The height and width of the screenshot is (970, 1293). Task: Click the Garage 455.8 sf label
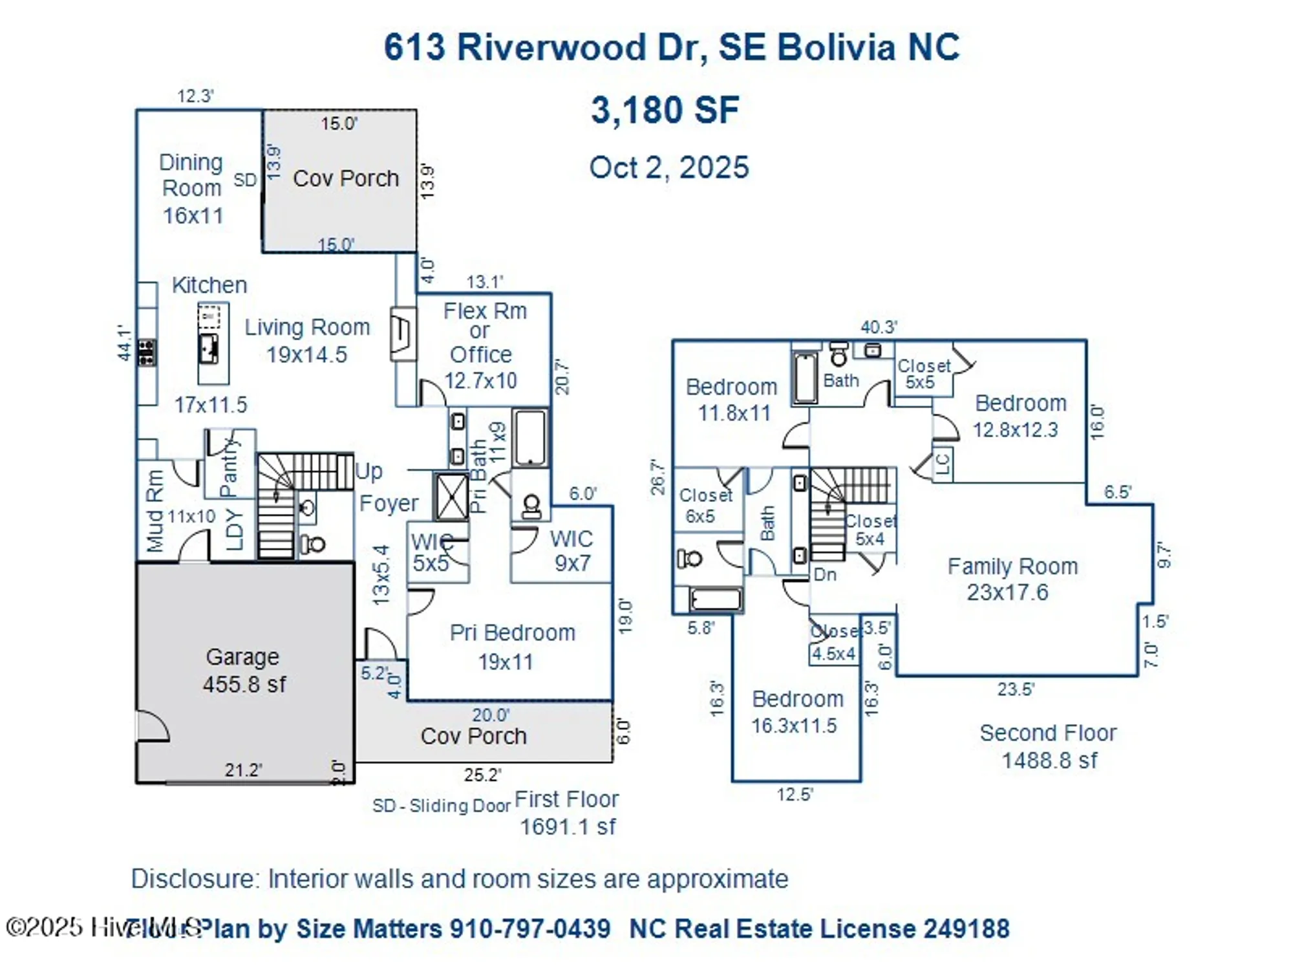[x=243, y=671]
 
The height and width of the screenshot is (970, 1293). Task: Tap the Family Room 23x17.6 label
[x=1012, y=579]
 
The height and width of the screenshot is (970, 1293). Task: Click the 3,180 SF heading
[x=665, y=110]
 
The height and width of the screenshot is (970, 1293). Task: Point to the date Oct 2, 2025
[x=668, y=167]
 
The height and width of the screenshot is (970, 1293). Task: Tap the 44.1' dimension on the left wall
[x=124, y=343]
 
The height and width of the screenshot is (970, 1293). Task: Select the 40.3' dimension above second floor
[x=878, y=327]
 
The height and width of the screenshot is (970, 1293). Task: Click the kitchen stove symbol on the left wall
[x=147, y=353]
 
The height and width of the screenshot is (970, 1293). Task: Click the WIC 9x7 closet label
[x=572, y=550]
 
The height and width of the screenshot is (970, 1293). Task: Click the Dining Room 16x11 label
[x=192, y=188]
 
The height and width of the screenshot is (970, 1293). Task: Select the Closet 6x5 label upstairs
[x=703, y=506]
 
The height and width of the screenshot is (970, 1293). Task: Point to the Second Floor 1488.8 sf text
[x=1048, y=746]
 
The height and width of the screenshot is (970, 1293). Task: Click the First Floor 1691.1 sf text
[x=567, y=813]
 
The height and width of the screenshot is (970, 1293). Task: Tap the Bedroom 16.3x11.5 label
[x=796, y=712]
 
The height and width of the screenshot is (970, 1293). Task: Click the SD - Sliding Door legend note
[x=441, y=806]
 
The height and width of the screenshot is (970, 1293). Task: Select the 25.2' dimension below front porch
[x=482, y=775]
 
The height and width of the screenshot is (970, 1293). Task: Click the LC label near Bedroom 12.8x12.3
[x=942, y=464]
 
